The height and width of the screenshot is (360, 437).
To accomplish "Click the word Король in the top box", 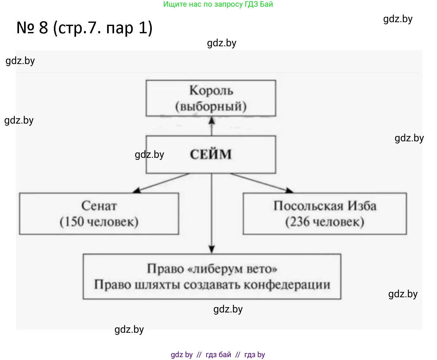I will (211, 91).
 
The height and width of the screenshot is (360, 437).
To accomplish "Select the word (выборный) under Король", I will (211, 106).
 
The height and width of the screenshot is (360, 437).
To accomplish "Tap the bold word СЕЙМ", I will (211, 155).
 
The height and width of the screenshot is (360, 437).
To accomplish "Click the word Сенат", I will (99, 206).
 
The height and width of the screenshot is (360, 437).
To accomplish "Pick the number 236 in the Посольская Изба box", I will (300, 222).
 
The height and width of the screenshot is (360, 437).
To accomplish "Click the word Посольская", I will (308, 206).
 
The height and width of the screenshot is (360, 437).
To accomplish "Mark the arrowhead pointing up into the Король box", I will (212, 120).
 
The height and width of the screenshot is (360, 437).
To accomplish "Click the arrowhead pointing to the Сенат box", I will (137, 190).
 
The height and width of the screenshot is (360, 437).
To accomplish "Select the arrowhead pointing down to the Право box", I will (212, 249).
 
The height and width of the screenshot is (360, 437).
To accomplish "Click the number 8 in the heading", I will (44, 28).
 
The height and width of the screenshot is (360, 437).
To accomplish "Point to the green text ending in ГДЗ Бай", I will (218, 4).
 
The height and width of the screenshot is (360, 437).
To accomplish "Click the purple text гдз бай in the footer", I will (218, 355).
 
